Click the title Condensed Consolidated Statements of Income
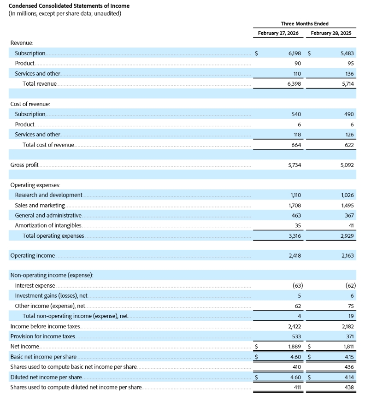coord(69,6)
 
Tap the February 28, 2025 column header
coord(331,33)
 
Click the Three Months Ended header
coord(305,24)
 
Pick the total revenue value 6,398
coord(294,84)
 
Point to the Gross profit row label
coord(24,165)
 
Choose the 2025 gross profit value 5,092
coord(347,165)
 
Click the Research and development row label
coord(48,195)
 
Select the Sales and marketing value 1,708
coord(294,205)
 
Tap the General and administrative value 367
coord(349,215)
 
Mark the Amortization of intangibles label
coord(48,225)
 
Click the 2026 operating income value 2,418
coord(294,255)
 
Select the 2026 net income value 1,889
coord(294,346)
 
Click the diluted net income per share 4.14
coord(348,377)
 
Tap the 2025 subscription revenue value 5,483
coord(347,53)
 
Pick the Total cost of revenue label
coord(48,145)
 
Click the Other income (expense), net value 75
coord(350,306)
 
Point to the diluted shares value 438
coord(349,387)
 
